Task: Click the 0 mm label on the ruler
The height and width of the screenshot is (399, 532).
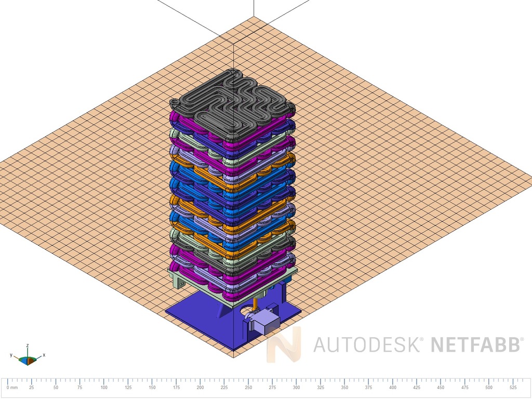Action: coord(12,388)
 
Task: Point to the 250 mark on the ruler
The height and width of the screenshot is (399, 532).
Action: coord(248,388)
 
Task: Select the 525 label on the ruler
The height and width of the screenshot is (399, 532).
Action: coord(513,388)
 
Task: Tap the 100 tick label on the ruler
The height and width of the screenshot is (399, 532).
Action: coord(104,388)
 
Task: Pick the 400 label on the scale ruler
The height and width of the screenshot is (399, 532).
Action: coord(393,388)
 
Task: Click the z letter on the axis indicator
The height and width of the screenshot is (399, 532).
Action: coord(28,345)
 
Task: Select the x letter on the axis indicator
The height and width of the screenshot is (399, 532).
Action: coord(44,355)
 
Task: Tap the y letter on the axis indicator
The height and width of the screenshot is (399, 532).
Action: coord(11,355)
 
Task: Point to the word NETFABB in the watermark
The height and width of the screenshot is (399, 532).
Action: coord(475,345)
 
